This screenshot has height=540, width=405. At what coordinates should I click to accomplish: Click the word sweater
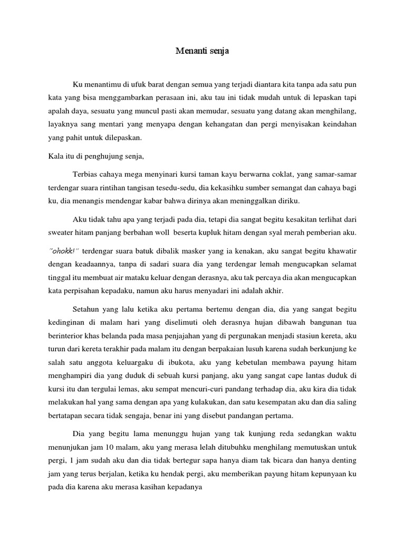[60, 233]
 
